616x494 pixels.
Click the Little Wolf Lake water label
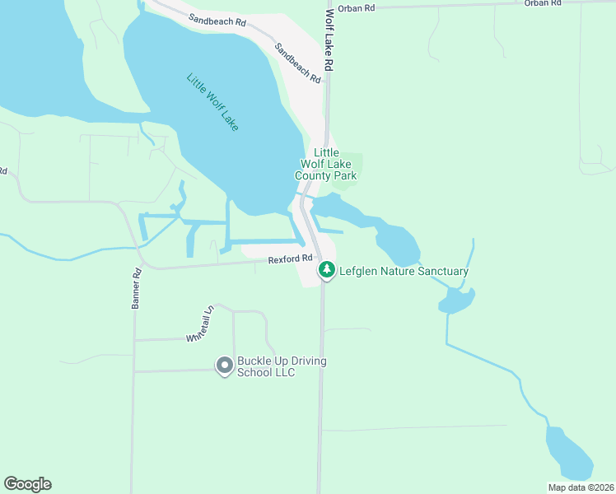click(x=212, y=103)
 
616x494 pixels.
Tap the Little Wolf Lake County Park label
click(x=332, y=164)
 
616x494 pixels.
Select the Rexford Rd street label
click(x=291, y=259)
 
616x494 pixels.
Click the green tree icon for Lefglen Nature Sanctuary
click(x=327, y=269)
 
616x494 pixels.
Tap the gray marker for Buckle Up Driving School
click(x=224, y=365)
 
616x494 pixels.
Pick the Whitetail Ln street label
click(x=200, y=324)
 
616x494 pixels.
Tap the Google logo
click(x=27, y=484)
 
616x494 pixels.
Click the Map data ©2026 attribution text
click(x=581, y=487)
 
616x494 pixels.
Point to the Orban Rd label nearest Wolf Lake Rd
click(x=357, y=7)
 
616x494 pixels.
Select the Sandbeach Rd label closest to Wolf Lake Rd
click(x=297, y=63)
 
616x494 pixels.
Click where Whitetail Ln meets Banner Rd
click(x=134, y=339)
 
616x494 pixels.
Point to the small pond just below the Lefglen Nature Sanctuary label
click(x=455, y=301)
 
